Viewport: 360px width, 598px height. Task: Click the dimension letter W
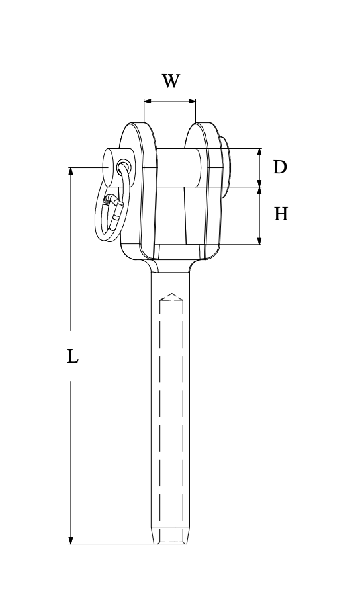click(x=171, y=81)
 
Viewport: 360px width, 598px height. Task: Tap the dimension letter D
click(x=280, y=167)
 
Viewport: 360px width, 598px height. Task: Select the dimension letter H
click(x=281, y=214)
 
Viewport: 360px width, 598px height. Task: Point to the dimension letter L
click(x=72, y=356)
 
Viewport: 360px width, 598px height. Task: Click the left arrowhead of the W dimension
click(x=148, y=101)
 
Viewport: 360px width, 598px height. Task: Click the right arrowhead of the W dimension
click(x=192, y=101)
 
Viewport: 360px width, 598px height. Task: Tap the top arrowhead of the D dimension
click(x=259, y=152)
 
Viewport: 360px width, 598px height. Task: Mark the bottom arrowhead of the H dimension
click(x=259, y=240)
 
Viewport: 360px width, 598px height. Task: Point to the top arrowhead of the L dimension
click(x=71, y=171)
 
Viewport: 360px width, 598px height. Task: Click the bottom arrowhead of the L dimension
click(x=71, y=540)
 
